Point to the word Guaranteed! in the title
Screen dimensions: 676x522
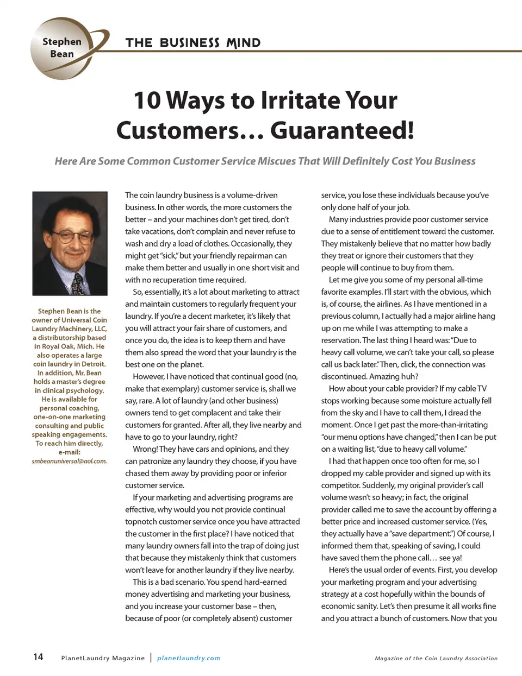click(342, 130)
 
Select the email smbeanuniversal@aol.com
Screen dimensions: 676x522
click(69, 461)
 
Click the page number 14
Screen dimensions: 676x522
click(38, 657)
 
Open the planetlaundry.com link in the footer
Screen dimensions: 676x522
click(189, 658)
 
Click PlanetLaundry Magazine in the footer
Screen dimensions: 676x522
click(103, 658)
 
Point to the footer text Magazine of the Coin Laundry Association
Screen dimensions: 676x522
click(436, 658)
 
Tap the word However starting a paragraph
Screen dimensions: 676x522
click(148, 376)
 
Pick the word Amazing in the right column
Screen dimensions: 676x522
click(384, 376)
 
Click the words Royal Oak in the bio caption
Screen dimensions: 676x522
click(60, 346)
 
